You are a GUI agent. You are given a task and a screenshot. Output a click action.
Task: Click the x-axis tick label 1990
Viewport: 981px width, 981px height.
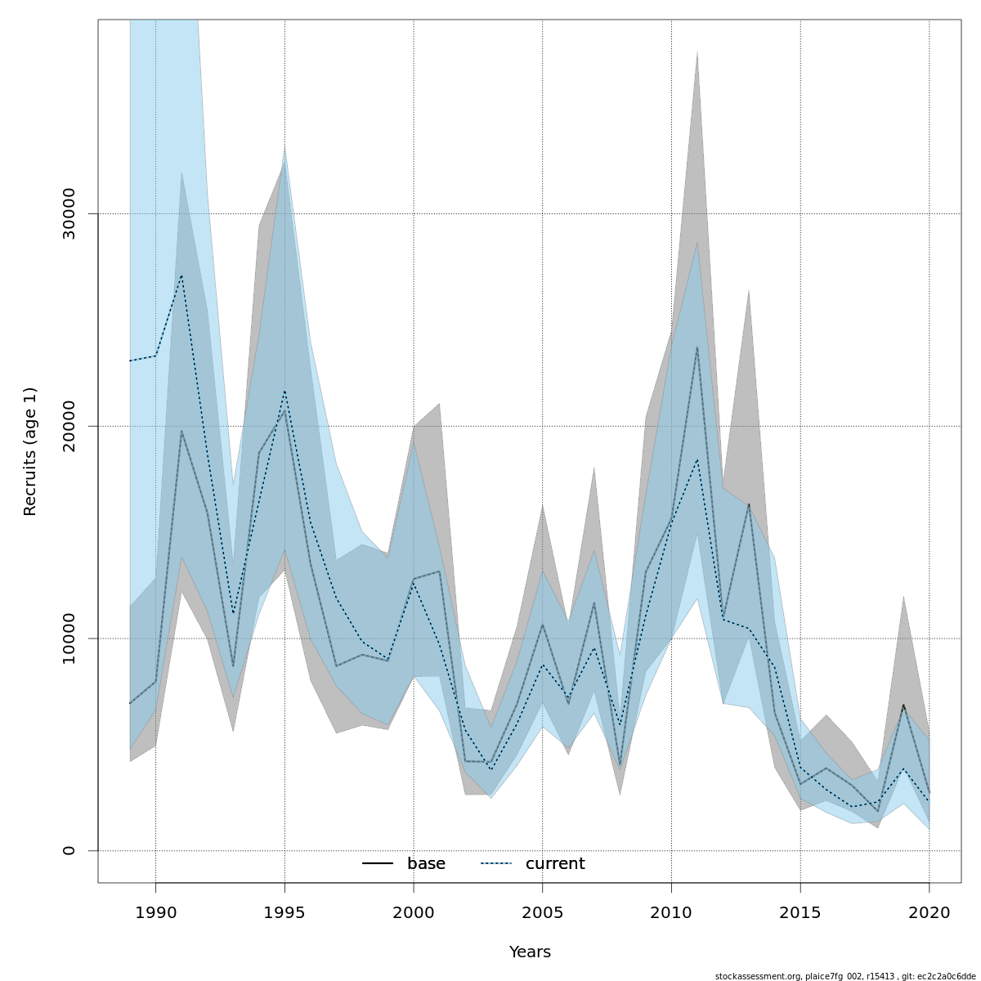[155, 912]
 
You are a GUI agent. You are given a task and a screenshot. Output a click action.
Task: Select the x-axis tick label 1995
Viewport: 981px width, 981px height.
[284, 912]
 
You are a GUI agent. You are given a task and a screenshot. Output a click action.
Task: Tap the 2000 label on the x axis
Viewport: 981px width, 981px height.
[414, 912]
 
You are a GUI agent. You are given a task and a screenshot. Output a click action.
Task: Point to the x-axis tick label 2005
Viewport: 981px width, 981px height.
[543, 912]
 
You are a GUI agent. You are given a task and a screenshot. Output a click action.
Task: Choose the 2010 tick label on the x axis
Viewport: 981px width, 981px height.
[671, 912]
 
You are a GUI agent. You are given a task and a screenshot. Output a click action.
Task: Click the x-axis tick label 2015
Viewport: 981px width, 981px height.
[800, 912]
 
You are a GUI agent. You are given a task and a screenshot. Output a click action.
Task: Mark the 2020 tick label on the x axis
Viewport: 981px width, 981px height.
[929, 912]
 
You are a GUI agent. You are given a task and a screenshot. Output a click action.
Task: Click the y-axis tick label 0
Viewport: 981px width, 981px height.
[69, 850]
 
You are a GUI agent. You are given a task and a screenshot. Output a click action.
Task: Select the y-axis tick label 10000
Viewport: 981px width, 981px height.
[69, 638]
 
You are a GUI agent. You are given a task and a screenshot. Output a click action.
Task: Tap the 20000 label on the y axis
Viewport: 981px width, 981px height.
[69, 426]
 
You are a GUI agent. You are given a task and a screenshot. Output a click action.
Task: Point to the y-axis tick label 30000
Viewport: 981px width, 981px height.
[69, 213]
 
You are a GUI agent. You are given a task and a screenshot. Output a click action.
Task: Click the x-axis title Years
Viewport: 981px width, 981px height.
[530, 952]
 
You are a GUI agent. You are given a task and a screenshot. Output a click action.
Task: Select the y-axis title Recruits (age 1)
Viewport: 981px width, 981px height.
[30, 451]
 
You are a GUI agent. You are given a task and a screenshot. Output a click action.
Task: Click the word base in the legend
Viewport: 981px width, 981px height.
[426, 864]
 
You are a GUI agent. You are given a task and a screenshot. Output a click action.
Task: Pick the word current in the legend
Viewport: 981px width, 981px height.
[555, 864]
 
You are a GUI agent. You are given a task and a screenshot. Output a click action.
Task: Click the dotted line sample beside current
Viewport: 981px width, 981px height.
[496, 864]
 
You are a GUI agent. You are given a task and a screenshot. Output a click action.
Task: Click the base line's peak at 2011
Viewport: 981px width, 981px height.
[697, 347]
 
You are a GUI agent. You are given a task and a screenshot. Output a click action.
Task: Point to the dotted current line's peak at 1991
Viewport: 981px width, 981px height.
[181, 275]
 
